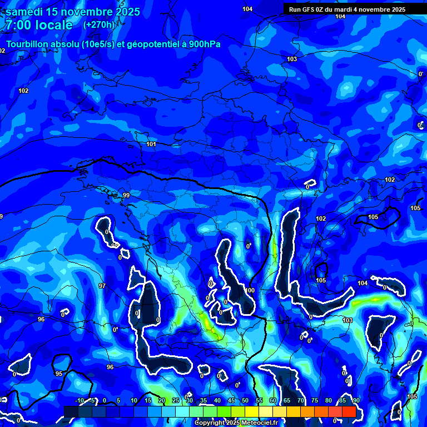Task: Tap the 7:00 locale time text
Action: tap(39, 25)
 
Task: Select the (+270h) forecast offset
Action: tap(99, 24)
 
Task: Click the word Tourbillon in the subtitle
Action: tap(29, 44)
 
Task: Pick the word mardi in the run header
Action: tap(344, 9)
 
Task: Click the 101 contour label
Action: tap(151, 145)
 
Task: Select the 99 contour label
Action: tap(126, 195)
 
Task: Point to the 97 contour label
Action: tap(102, 286)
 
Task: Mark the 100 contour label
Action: tap(250, 290)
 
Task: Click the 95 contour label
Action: tap(59, 374)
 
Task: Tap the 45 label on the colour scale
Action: tap(231, 401)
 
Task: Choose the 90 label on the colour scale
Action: tap(356, 401)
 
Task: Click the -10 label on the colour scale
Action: tap(80, 401)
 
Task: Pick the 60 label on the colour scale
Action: tap(273, 401)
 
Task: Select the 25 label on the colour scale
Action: tap(176, 401)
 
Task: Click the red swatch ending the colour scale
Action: tap(349, 411)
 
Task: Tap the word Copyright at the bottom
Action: tap(210, 423)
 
